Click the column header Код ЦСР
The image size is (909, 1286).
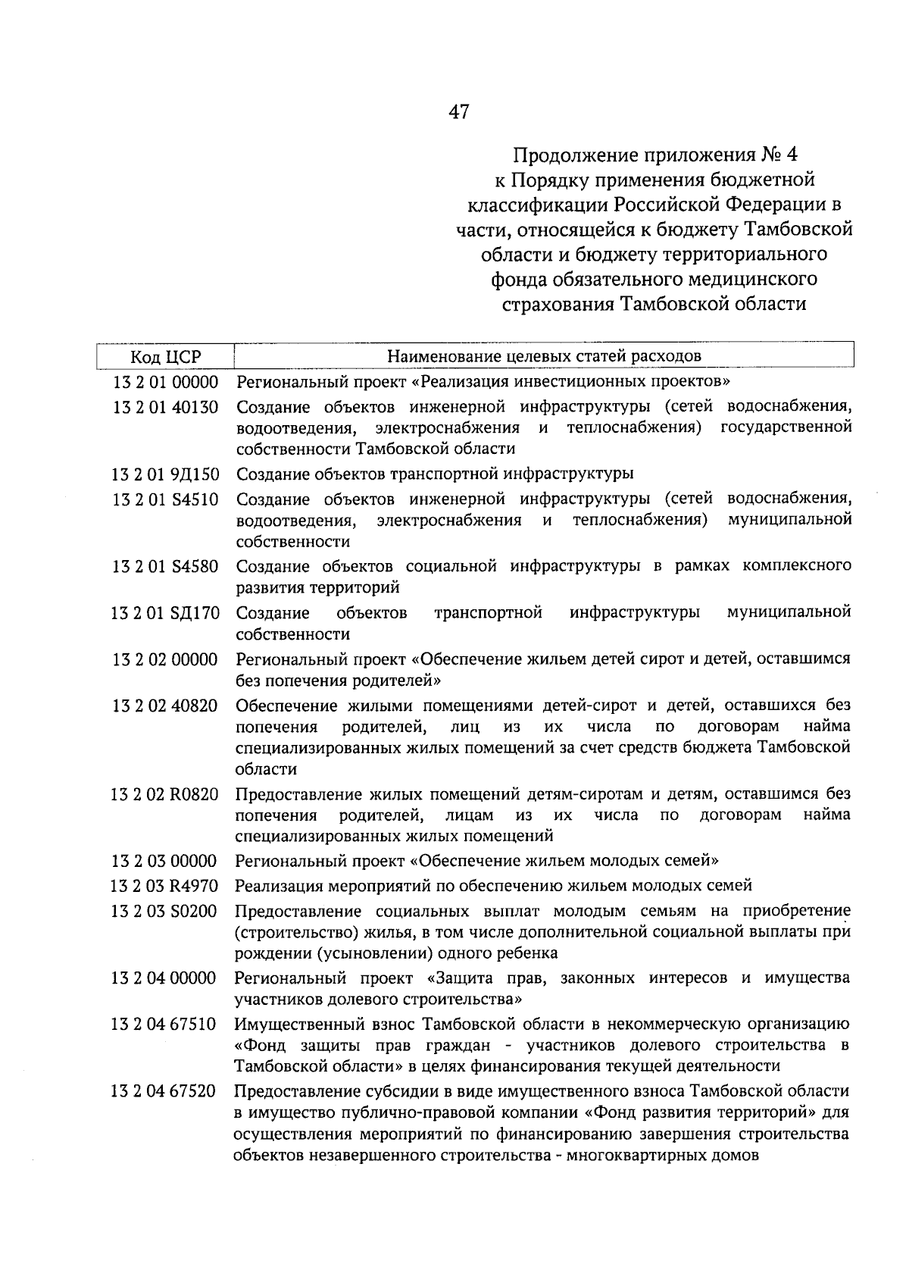(165, 356)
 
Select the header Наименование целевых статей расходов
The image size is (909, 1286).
(544, 355)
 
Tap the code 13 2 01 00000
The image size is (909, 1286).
(165, 381)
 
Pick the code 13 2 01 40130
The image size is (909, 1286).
(165, 408)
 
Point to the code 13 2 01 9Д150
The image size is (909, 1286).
(165, 475)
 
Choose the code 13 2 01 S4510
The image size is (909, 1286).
(165, 500)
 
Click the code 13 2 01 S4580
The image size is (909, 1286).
(165, 567)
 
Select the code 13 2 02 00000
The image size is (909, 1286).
(165, 659)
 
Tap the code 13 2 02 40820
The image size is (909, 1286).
(165, 706)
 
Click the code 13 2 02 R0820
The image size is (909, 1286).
(165, 795)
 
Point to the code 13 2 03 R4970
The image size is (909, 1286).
(165, 886)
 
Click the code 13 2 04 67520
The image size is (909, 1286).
(165, 1092)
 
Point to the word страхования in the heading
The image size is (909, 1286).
(557, 304)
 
